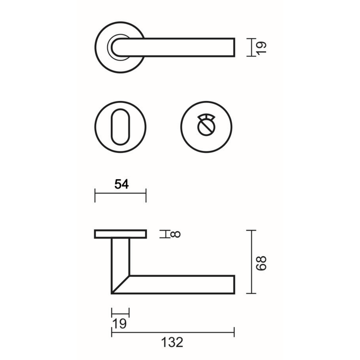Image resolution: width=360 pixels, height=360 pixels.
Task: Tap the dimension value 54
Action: point(121,184)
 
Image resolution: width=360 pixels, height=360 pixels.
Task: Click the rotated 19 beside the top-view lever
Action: point(262,47)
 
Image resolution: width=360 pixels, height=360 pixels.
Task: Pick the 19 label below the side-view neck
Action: point(119,324)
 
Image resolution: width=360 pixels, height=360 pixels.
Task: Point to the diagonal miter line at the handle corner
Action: point(120,285)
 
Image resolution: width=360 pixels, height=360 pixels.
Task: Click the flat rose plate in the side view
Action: point(120,234)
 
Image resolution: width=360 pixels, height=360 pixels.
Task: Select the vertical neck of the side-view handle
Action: point(120,257)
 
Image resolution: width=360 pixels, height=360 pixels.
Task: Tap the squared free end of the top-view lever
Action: point(233,47)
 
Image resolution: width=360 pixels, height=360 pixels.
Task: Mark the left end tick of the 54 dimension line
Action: point(95,195)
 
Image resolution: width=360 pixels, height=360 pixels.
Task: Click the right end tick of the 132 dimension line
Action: point(234,332)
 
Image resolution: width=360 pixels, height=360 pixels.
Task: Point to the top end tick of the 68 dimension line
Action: point(251,230)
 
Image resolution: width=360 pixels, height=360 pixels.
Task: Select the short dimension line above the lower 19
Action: point(120,313)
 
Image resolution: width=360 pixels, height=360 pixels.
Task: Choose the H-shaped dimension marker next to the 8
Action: point(163,234)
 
